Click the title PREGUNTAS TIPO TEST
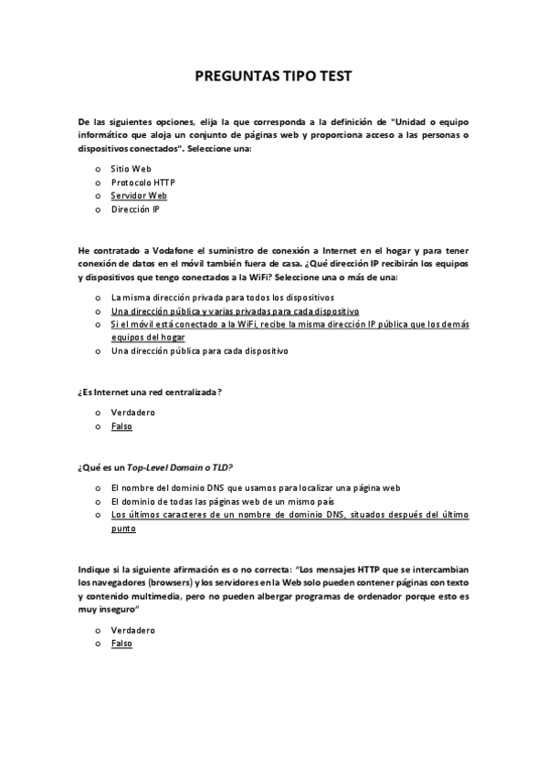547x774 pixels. coord(273,77)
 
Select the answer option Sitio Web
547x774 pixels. coord(131,169)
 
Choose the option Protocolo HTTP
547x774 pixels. coord(142,182)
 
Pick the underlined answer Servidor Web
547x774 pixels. coord(139,195)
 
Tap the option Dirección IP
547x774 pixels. coord(135,209)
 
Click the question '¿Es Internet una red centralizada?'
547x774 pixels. coord(151,392)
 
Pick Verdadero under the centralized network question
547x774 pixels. coord(132,413)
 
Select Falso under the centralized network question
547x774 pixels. coord(121,426)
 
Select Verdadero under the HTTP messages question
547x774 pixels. coord(132,630)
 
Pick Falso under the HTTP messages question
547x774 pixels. coord(121,643)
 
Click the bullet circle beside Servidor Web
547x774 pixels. coord(98,195)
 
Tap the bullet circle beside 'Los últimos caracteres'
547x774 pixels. coord(98,515)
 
